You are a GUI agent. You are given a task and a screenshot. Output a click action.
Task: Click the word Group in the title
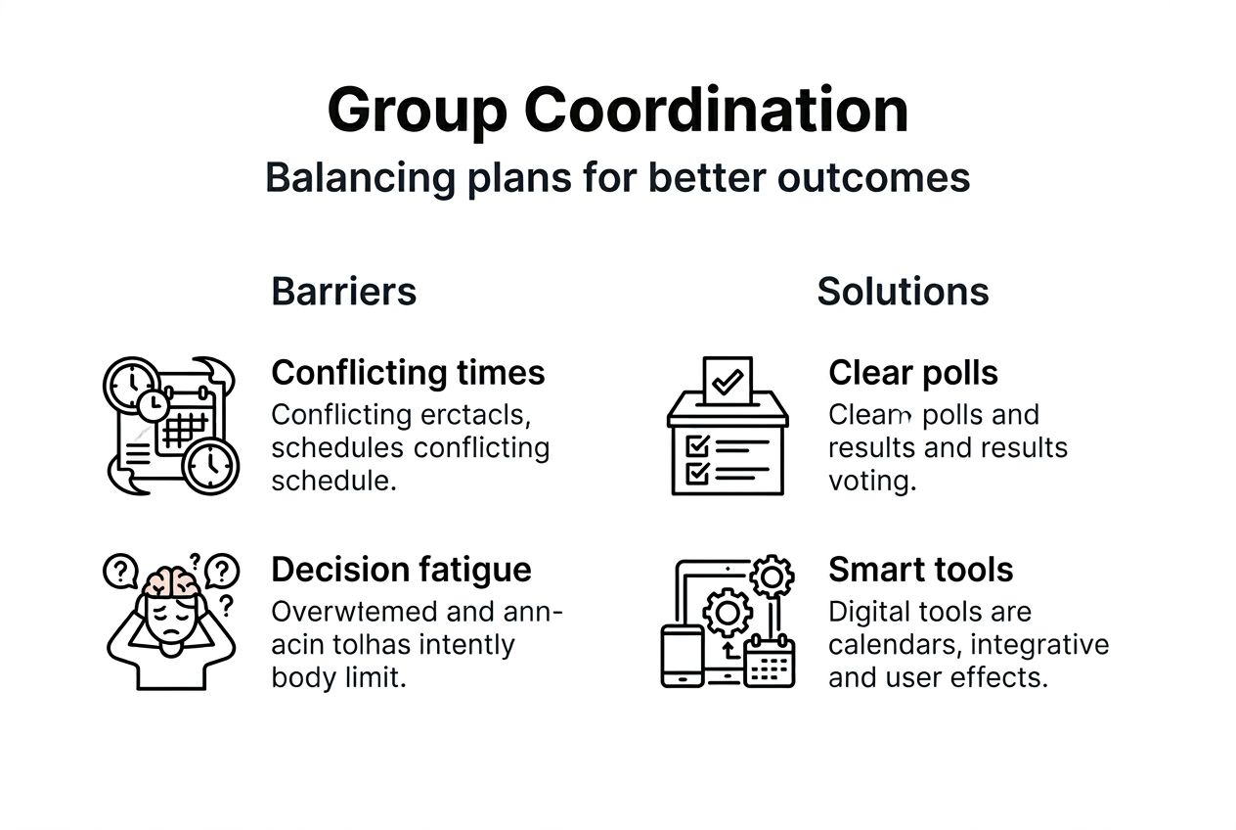(x=417, y=110)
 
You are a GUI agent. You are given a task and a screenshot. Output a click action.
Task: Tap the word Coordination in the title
(x=716, y=110)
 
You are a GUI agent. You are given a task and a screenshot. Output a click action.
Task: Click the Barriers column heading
(x=343, y=292)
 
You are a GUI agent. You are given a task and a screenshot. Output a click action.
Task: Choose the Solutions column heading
(x=903, y=292)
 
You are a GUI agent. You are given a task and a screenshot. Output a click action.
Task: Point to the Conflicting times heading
(x=408, y=373)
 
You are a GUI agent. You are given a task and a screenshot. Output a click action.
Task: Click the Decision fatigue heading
(x=401, y=570)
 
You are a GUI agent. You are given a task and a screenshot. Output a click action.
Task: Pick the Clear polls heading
(x=913, y=373)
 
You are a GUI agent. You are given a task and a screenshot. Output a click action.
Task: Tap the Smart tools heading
(x=920, y=570)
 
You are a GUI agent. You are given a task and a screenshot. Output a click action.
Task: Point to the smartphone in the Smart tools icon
(x=682, y=656)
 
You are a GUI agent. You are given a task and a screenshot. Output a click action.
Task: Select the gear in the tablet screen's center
(x=728, y=615)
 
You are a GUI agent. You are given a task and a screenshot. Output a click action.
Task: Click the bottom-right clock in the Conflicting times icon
(x=210, y=465)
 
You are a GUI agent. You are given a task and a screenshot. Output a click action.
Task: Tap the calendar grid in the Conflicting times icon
(x=184, y=429)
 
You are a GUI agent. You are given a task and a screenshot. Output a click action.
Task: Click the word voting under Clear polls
(x=872, y=482)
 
